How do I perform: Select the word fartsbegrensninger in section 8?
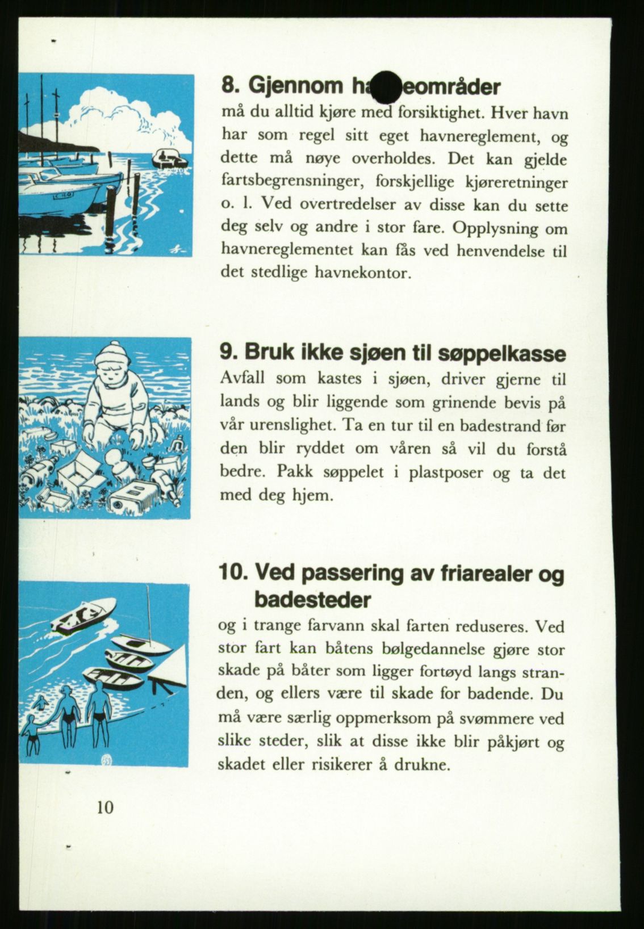pos(290,183)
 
